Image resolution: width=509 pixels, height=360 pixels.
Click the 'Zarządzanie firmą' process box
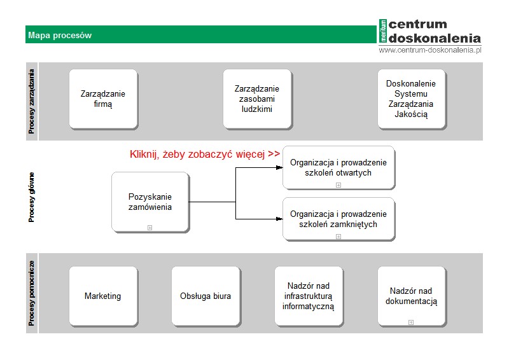coord(103,99)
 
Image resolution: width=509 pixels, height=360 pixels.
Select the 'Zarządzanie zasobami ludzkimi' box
coord(257,99)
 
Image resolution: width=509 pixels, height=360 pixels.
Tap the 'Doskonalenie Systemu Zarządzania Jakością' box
coord(412,99)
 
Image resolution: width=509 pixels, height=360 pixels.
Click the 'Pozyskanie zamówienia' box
coord(150,202)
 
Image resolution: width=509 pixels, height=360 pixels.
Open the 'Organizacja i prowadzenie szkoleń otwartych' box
coord(338,167)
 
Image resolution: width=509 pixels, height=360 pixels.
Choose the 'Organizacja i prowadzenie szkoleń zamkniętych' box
coord(338,219)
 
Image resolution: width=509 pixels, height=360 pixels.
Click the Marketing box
coord(103,296)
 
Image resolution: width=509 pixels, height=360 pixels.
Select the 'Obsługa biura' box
coord(206,296)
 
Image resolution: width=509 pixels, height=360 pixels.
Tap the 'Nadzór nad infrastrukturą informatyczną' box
coord(309,296)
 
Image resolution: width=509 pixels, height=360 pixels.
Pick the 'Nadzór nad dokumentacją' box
coord(412,296)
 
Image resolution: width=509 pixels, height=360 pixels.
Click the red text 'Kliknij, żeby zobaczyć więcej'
coord(197,154)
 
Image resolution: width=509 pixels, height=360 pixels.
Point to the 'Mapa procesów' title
coord(60,35)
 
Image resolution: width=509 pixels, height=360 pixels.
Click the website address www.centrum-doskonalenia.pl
coord(430,50)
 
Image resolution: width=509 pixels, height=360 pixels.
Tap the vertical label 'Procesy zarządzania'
coord(31,101)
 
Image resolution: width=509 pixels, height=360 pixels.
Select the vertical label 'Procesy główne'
coord(31,197)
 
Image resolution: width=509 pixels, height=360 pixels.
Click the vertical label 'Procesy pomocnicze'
coord(31,293)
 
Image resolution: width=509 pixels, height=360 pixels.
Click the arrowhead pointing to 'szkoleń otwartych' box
coord(279,167)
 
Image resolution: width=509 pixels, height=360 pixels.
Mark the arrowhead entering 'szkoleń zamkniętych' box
coord(279,219)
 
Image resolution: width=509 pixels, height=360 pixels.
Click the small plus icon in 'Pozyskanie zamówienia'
coord(150,228)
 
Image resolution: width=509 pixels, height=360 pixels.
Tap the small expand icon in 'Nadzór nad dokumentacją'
coord(410,322)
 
